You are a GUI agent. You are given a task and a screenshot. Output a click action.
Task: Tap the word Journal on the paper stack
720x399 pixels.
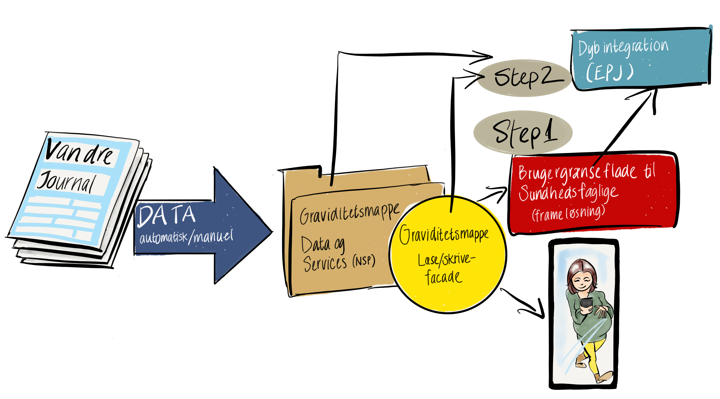pos(67,182)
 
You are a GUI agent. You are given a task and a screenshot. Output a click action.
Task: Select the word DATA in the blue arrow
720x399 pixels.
pos(166,215)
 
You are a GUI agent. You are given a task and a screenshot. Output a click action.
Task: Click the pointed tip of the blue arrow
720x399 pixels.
pos(271,232)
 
